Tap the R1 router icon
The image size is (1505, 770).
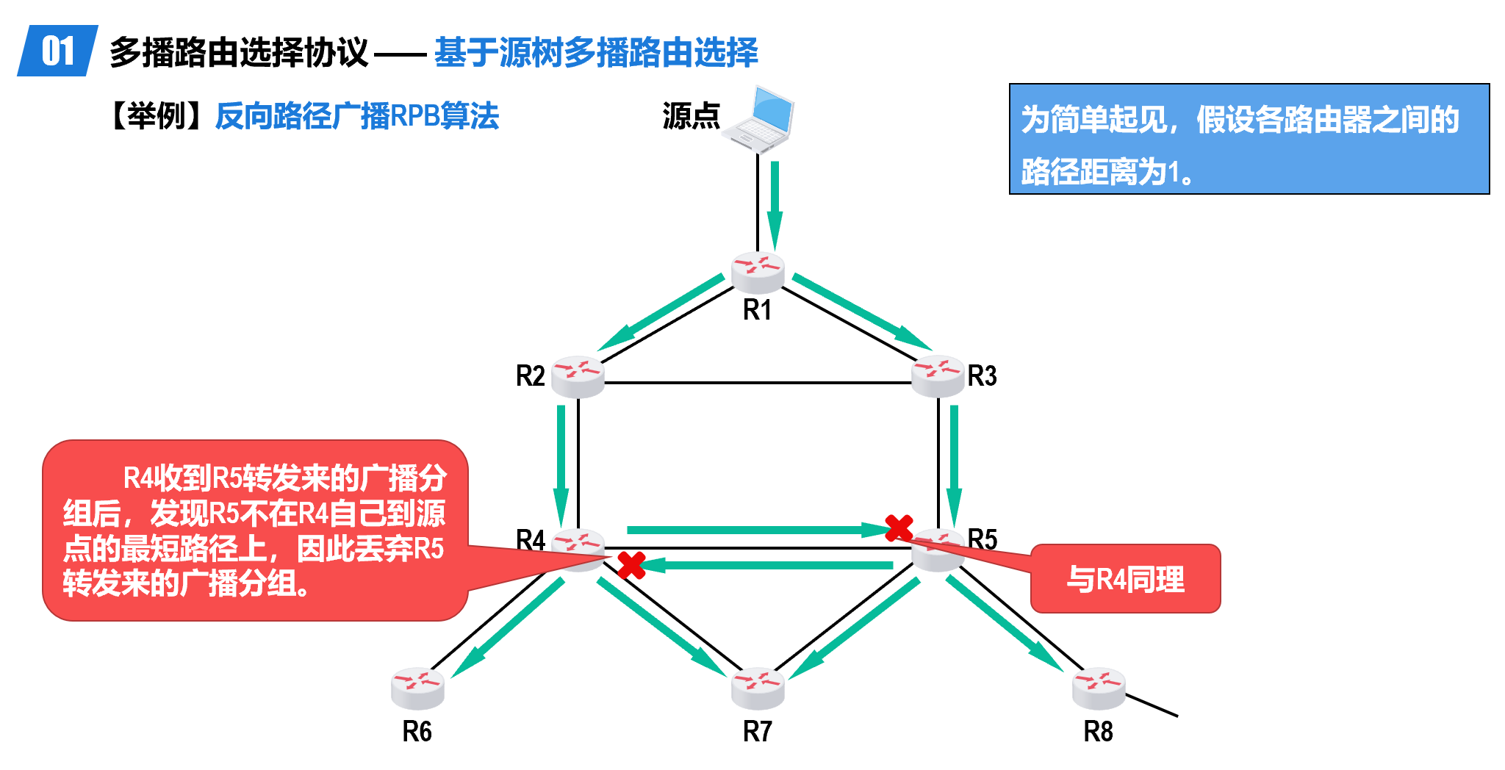coord(758,272)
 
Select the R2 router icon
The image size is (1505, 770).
coord(578,376)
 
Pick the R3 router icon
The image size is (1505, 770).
coord(938,376)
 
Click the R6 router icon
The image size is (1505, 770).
coord(417,688)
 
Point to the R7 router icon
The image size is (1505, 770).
coord(758,688)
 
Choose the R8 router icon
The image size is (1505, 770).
coord(1099,688)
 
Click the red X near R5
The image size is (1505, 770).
coord(899,528)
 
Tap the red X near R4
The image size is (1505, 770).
coord(631,565)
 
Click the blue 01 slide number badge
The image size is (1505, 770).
coord(57,51)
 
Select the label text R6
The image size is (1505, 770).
coord(417,732)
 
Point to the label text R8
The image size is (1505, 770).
coord(1099,732)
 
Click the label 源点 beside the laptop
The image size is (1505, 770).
coord(691,116)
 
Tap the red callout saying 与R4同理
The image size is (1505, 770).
coord(1126,580)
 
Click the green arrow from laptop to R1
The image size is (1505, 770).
coord(775,206)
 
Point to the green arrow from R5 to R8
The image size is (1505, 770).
coord(1005,625)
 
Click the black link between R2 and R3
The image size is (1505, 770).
coord(757,383)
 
